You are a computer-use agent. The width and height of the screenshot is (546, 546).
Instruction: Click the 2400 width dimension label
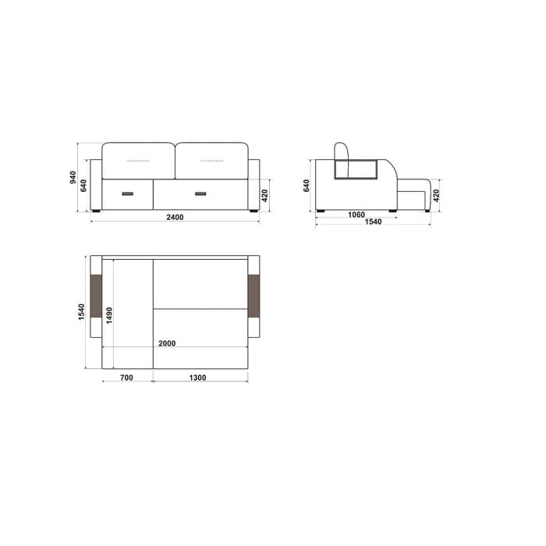click(x=175, y=218)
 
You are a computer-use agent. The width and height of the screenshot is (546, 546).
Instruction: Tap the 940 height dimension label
click(x=73, y=177)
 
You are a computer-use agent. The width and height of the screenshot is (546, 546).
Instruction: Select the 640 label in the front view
click(x=83, y=186)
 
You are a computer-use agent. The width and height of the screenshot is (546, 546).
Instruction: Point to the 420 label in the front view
click(x=264, y=195)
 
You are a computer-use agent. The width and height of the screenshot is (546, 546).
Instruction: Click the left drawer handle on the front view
click(x=127, y=193)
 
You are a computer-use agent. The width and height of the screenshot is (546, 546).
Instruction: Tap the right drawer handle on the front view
click(x=200, y=193)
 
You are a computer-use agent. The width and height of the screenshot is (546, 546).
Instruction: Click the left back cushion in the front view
click(x=138, y=161)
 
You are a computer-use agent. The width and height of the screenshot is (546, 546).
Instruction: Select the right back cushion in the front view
click(x=211, y=161)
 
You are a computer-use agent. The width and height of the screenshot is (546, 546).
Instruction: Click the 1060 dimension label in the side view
click(x=356, y=214)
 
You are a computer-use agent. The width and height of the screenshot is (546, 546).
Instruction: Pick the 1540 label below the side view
click(x=373, y=222)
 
